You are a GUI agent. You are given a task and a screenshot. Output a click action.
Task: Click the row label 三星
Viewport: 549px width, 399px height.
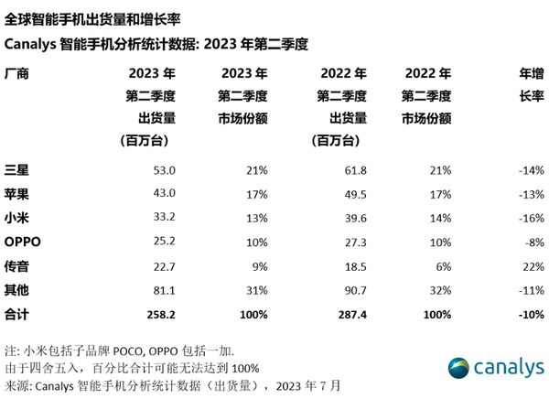point(17,171)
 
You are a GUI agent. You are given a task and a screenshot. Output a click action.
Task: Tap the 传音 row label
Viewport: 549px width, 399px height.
point(17,266)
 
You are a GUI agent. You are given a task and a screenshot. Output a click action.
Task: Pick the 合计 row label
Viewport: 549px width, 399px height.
point(17,314)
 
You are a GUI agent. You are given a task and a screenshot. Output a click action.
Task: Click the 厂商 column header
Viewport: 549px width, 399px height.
point(17,73)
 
